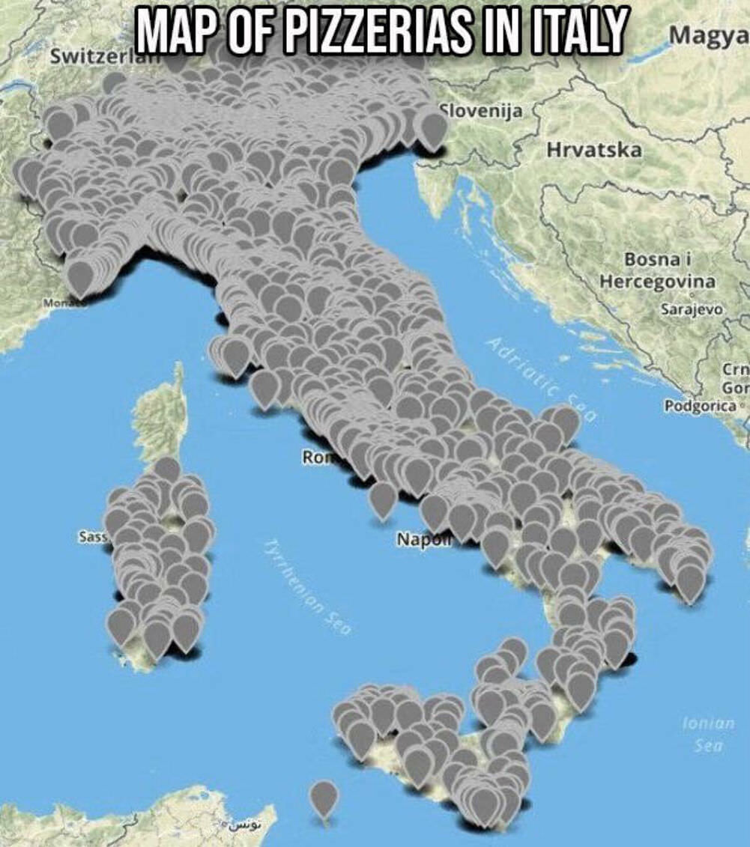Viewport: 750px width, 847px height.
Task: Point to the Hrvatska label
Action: click(x=594, y=150)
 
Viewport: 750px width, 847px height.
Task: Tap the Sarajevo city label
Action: click(x=690, y=309)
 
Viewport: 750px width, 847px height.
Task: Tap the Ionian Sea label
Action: click(x=708, y=734)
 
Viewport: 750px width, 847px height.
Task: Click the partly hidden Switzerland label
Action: click(x=88, y=57)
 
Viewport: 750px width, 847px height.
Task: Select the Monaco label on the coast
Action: click(x=60, y=303)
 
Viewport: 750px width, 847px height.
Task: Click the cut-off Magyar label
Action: click(x=708, y=36)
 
